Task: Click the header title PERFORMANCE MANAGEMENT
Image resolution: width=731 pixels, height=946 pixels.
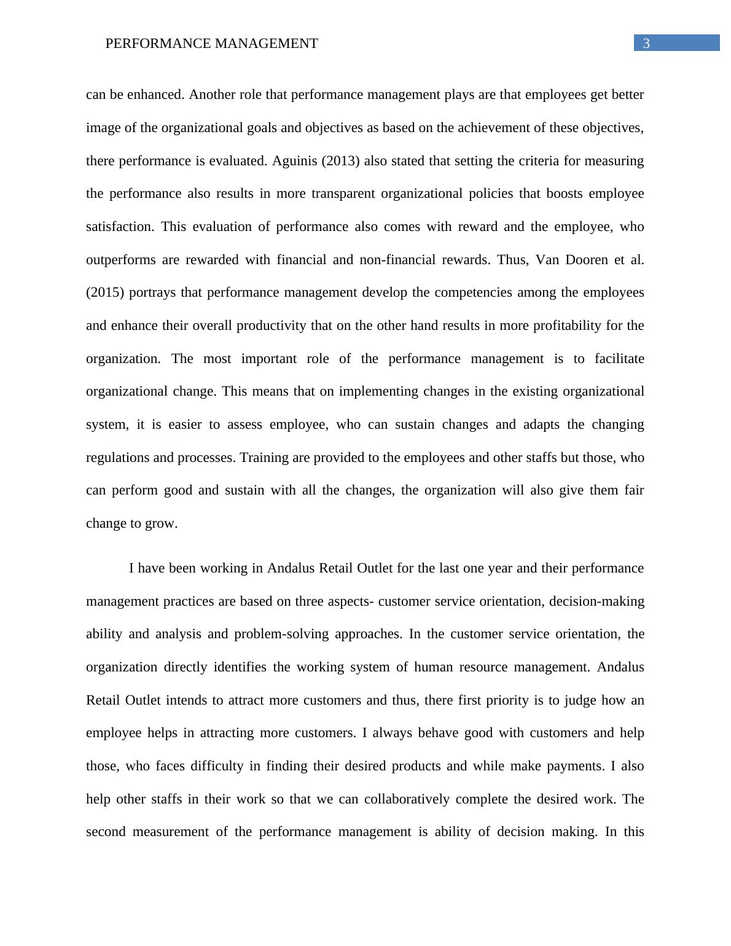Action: pyautogui.click(x=211, y=44)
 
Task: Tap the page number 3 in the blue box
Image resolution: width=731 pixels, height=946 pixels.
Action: pyautogui.click(x=646, y=43)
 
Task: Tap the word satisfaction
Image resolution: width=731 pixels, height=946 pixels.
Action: pyautogui.click(x=119, y=227)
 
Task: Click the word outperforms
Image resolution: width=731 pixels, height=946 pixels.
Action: pyautogui.click(x=121, y=260)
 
